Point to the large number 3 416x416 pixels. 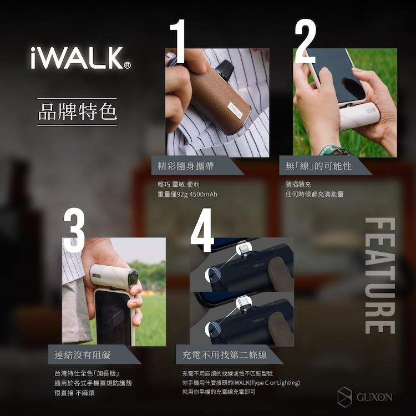[x=74, y=229]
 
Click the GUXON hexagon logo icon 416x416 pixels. [x=345, y=397]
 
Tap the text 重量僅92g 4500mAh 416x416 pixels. [x=187, y=194]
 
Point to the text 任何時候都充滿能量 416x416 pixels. [x=314, y=194]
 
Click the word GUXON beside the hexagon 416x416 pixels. [x=374, y=397]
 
